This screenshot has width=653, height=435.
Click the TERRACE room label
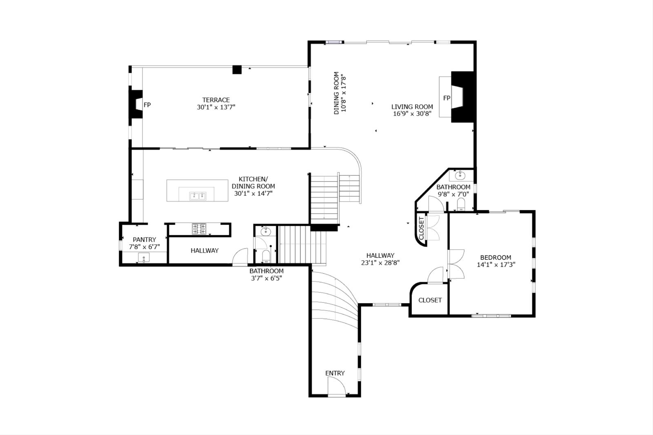point(216,100)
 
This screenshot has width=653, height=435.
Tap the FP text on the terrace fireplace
point(147,104)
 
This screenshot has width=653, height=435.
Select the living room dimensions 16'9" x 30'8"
point(412,114)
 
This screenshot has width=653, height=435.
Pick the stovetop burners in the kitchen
point(199,229)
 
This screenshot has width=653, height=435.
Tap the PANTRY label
point(144,240)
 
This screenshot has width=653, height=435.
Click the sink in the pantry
point(144,257)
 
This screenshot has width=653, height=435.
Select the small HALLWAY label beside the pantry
point(204,251)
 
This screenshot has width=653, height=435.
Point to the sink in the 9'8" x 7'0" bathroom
point(460,175)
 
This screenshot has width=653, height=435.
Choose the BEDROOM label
point(495,257)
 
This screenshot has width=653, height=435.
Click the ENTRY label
point(335,373)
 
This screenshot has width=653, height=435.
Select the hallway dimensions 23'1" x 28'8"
point(380,263)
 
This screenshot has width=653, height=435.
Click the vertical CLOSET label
point(421,228)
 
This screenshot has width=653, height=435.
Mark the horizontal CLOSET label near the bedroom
point(430,300)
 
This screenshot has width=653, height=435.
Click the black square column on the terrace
point(237,70)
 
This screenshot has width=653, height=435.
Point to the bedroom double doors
point(456,264)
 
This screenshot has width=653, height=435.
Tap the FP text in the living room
point(446,98)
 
